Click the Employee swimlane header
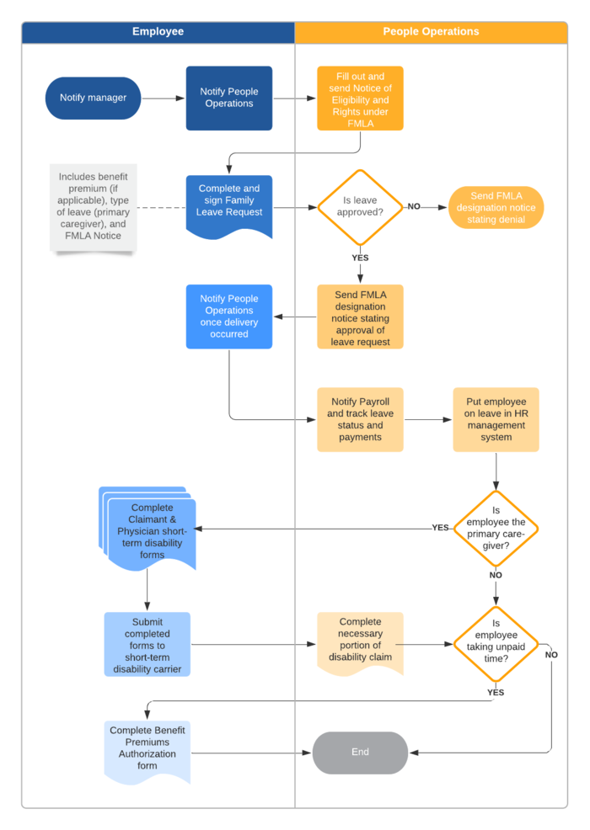pos(158,32)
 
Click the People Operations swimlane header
pos(431,32)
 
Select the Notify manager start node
pos(93,98)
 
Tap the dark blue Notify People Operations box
pos(229,98)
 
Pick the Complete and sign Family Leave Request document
pos(229,202)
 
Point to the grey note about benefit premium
pos(93,207)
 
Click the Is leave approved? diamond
pos(360,207)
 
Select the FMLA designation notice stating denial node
pos(496,208)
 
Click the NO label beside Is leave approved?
pos(414,206)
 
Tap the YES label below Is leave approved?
pos(360,258)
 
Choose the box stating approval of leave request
pos(360,317)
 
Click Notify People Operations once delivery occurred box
pos(229,317)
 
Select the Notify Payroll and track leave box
pos(360,419)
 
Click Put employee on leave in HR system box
pos(496,419)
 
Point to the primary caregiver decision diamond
pos(496,528)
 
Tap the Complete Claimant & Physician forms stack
pos(149,530)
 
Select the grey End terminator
pos(360,753)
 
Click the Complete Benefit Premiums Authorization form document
pos(147,749)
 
